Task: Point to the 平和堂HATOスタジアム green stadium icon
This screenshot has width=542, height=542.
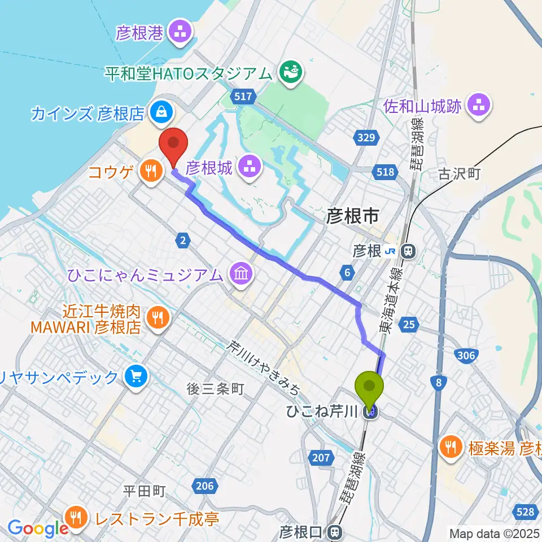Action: pos(292,72)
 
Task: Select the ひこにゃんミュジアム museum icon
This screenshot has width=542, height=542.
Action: pos(241,275)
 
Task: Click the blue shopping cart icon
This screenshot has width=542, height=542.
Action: pos(136,377)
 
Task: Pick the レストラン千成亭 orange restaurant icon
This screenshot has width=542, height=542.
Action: pos(75,517)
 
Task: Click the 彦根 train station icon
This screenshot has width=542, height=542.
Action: pos(406,250)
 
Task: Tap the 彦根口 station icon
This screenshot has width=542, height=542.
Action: pos(336,531)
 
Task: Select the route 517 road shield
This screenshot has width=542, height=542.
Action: pos(243,97)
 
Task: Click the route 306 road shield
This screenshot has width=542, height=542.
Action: pos(466,354)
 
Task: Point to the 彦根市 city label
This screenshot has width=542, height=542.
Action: pos(351,216)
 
